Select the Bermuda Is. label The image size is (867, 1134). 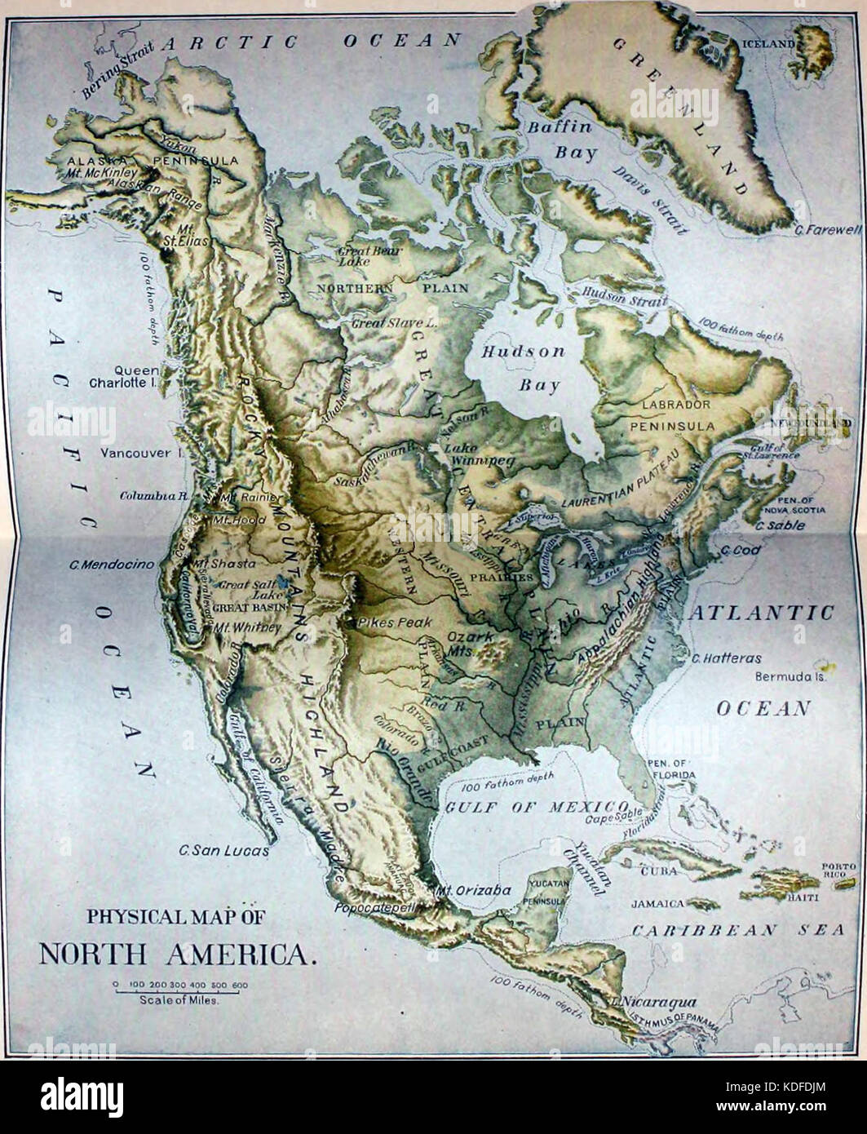click(790, 676)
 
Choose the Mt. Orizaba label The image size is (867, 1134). click(473, 890)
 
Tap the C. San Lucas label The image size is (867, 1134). click(224, 850)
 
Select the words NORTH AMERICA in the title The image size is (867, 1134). click(176, 954)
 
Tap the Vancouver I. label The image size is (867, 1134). click(137, 453)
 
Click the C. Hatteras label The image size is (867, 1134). click(726, 658)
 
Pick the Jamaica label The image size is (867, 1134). click(657, 904)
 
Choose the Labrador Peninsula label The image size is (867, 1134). click(676, 414)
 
